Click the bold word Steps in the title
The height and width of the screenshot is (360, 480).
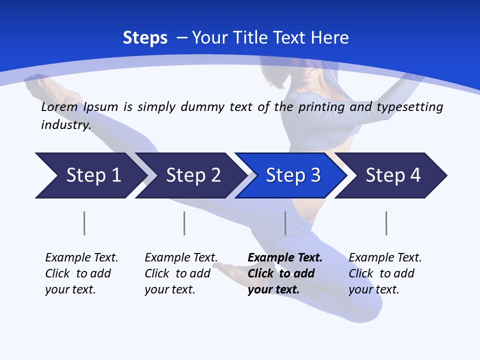(145, 38)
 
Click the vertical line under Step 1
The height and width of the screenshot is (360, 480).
(84, 223)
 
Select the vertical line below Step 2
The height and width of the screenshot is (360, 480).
(184, 223)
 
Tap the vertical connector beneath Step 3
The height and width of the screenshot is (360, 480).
(285, 223)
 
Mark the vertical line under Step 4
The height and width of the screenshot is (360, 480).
(386, 223)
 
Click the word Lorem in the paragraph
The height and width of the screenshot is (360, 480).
(59, 107)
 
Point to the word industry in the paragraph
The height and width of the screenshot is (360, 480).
(65, 124)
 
